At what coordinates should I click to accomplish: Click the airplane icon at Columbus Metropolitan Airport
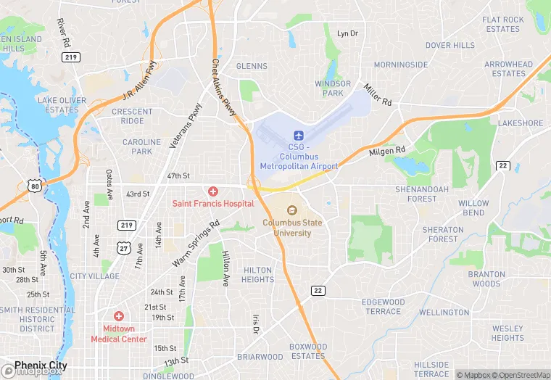tap(298, 136)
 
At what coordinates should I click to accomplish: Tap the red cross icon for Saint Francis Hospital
tap(213, 191)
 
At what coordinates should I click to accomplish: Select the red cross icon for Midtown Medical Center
tap(119, 316)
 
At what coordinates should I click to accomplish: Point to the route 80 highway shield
tap(35, 186)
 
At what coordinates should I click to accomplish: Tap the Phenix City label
tap(41, 365)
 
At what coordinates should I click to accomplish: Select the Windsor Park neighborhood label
tap(333, 88)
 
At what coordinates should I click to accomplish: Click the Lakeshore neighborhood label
tap(521, 123)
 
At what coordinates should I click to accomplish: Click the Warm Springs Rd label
tap(195, 243)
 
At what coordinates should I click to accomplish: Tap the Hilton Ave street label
tap(226, 267)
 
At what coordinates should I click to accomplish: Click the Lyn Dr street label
tap(348, 33)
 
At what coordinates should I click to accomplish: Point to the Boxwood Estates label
tap(307, 351)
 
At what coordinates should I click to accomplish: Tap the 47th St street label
tap(178, 176)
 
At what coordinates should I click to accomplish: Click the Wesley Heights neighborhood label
tap(507, 333)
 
